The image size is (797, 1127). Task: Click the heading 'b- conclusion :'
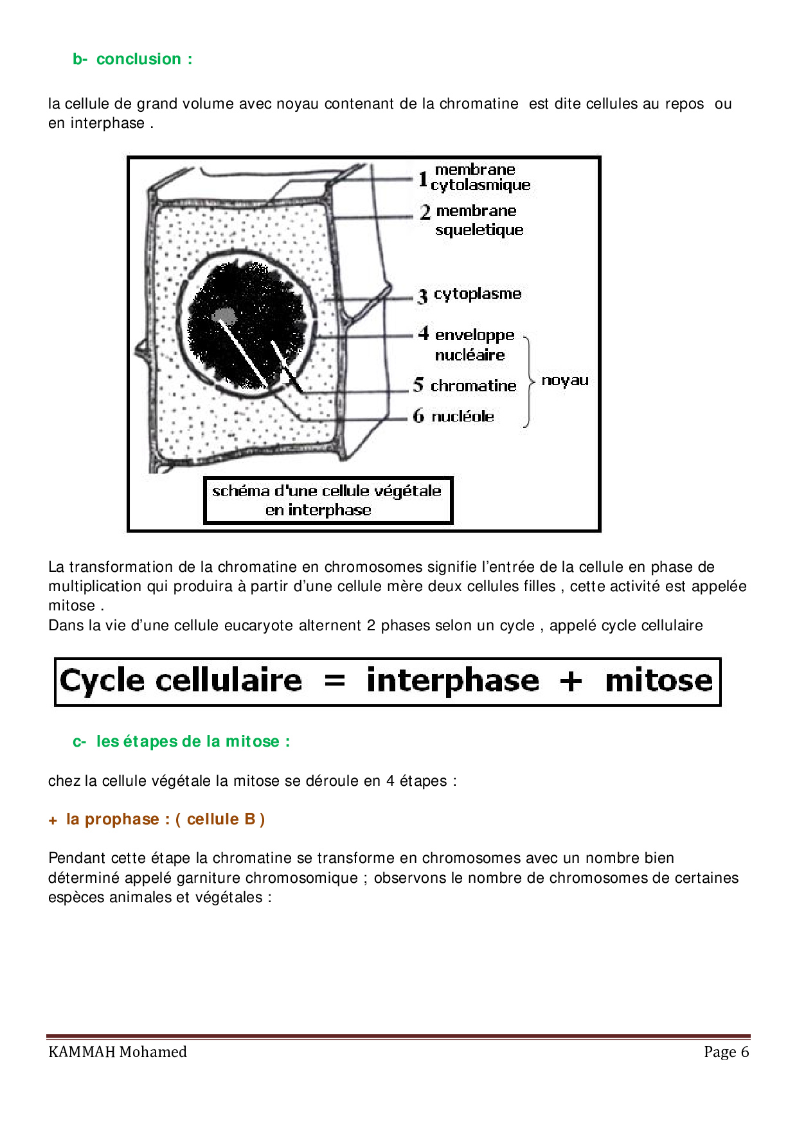(132, 59)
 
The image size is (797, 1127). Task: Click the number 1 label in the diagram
(423, 178)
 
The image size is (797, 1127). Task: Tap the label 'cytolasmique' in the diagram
(481, 185)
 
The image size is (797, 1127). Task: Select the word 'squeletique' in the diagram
(479, 230)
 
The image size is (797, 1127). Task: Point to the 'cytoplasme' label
(478, 294)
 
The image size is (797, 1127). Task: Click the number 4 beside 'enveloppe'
(424, 333)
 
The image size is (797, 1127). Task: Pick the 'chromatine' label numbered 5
(473, 386)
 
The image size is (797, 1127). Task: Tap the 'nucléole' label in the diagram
(463, 416)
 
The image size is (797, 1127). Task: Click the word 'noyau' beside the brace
(565, 380)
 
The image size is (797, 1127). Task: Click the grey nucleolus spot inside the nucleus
(224, 314)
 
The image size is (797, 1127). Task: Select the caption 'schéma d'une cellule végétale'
(327, 492)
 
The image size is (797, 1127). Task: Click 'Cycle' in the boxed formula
(102, 680)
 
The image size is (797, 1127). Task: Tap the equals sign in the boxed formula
(335, 680)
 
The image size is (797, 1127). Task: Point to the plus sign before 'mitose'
(571, 681)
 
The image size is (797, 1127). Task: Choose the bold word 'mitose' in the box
(659, 680)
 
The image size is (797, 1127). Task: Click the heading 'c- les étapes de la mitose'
(181, 741)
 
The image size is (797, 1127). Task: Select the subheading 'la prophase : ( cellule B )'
(165, 819)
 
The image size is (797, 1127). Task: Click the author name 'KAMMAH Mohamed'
(118, 1052)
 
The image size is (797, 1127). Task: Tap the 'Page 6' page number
(726, 1052)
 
